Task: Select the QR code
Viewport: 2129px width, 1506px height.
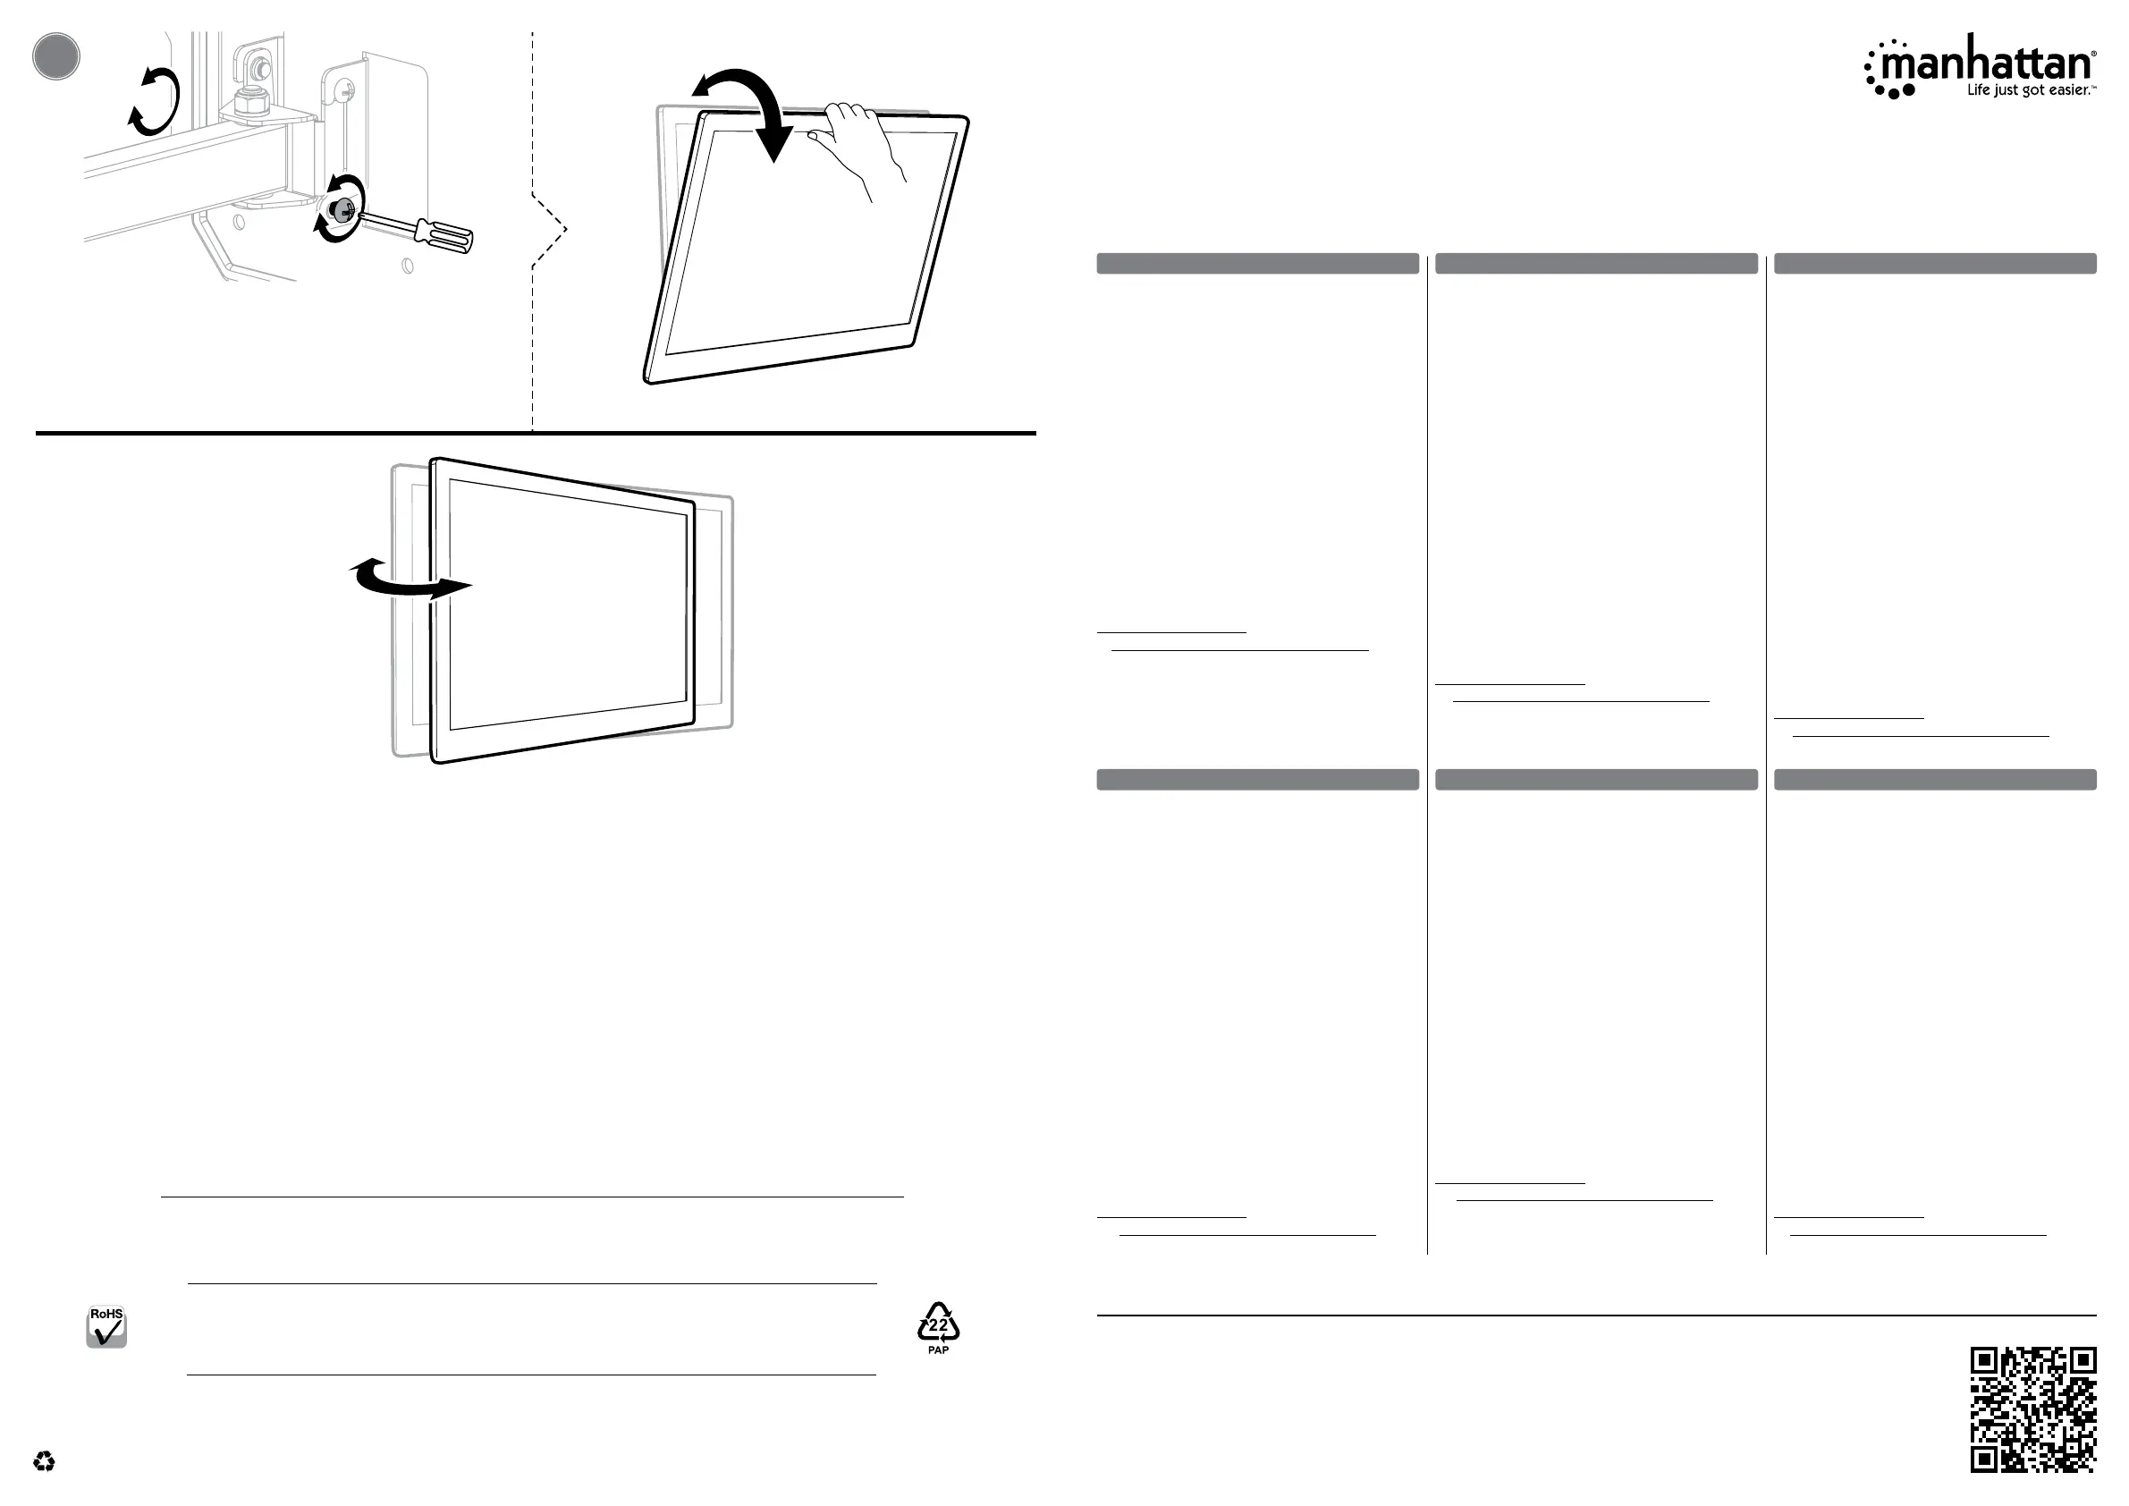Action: click(2032, 1409)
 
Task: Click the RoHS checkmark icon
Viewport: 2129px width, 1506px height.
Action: click(106, 1327)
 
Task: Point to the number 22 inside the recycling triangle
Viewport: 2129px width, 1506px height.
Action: click(938, 1325)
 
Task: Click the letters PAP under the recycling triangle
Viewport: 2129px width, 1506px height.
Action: click(938, 1350)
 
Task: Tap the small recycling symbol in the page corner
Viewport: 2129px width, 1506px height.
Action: click(44, 1462)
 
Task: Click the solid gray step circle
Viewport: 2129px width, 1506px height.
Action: click(55, 55)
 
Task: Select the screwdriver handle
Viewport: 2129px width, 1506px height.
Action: click(444, 234)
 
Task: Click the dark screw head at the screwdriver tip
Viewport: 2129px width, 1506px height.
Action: click(342, 210)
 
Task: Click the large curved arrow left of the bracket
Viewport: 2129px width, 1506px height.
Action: click(154, 102)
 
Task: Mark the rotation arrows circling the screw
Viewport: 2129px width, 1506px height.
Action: click(339, 208)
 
